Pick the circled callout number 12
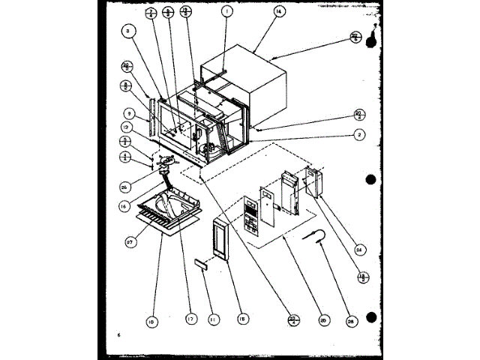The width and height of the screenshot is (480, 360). click(x=128, y=130)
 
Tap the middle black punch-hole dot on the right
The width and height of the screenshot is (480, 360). click(x=370, y=179)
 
